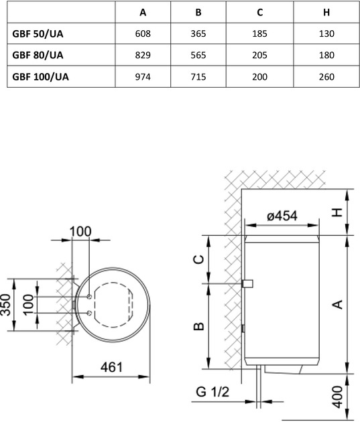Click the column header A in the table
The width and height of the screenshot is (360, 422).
point(142,12)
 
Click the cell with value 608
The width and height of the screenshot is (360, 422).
point(142,33)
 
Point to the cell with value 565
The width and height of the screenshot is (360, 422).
point(198,55)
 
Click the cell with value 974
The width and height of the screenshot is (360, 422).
point(142,76)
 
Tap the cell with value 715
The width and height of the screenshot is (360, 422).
point(198,76)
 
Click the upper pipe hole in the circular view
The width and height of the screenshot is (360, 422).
point(89,295)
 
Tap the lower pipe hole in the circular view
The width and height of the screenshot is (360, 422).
point(89,312)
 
